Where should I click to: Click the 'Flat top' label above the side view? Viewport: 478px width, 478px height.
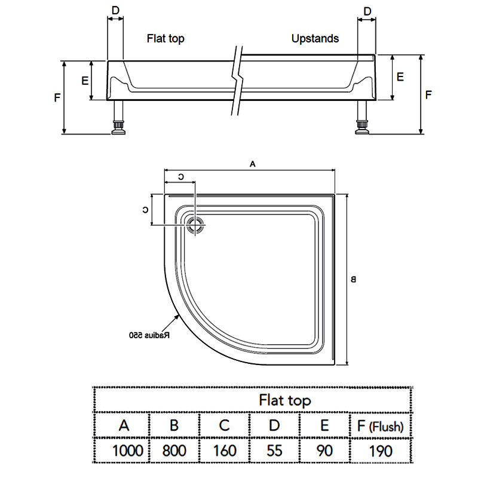166,39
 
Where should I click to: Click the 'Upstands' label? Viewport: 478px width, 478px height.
315,39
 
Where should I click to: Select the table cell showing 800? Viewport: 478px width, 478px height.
174,450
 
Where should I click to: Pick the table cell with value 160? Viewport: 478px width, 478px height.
224,450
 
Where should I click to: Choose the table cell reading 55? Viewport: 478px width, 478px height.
274,450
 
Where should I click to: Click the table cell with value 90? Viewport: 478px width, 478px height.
324,450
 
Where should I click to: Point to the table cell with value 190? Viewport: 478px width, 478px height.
380,450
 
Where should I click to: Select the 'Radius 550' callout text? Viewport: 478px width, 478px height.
149,335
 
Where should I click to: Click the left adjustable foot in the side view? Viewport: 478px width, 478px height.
119,127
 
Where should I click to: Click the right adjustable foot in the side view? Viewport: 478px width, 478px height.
362,127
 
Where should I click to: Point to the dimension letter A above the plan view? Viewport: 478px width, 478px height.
252,163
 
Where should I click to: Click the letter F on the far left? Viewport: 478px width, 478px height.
57,97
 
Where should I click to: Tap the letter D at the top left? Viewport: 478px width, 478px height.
115,11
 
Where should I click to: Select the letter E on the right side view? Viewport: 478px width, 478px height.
400,77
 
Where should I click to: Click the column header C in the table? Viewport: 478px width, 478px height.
224,426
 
